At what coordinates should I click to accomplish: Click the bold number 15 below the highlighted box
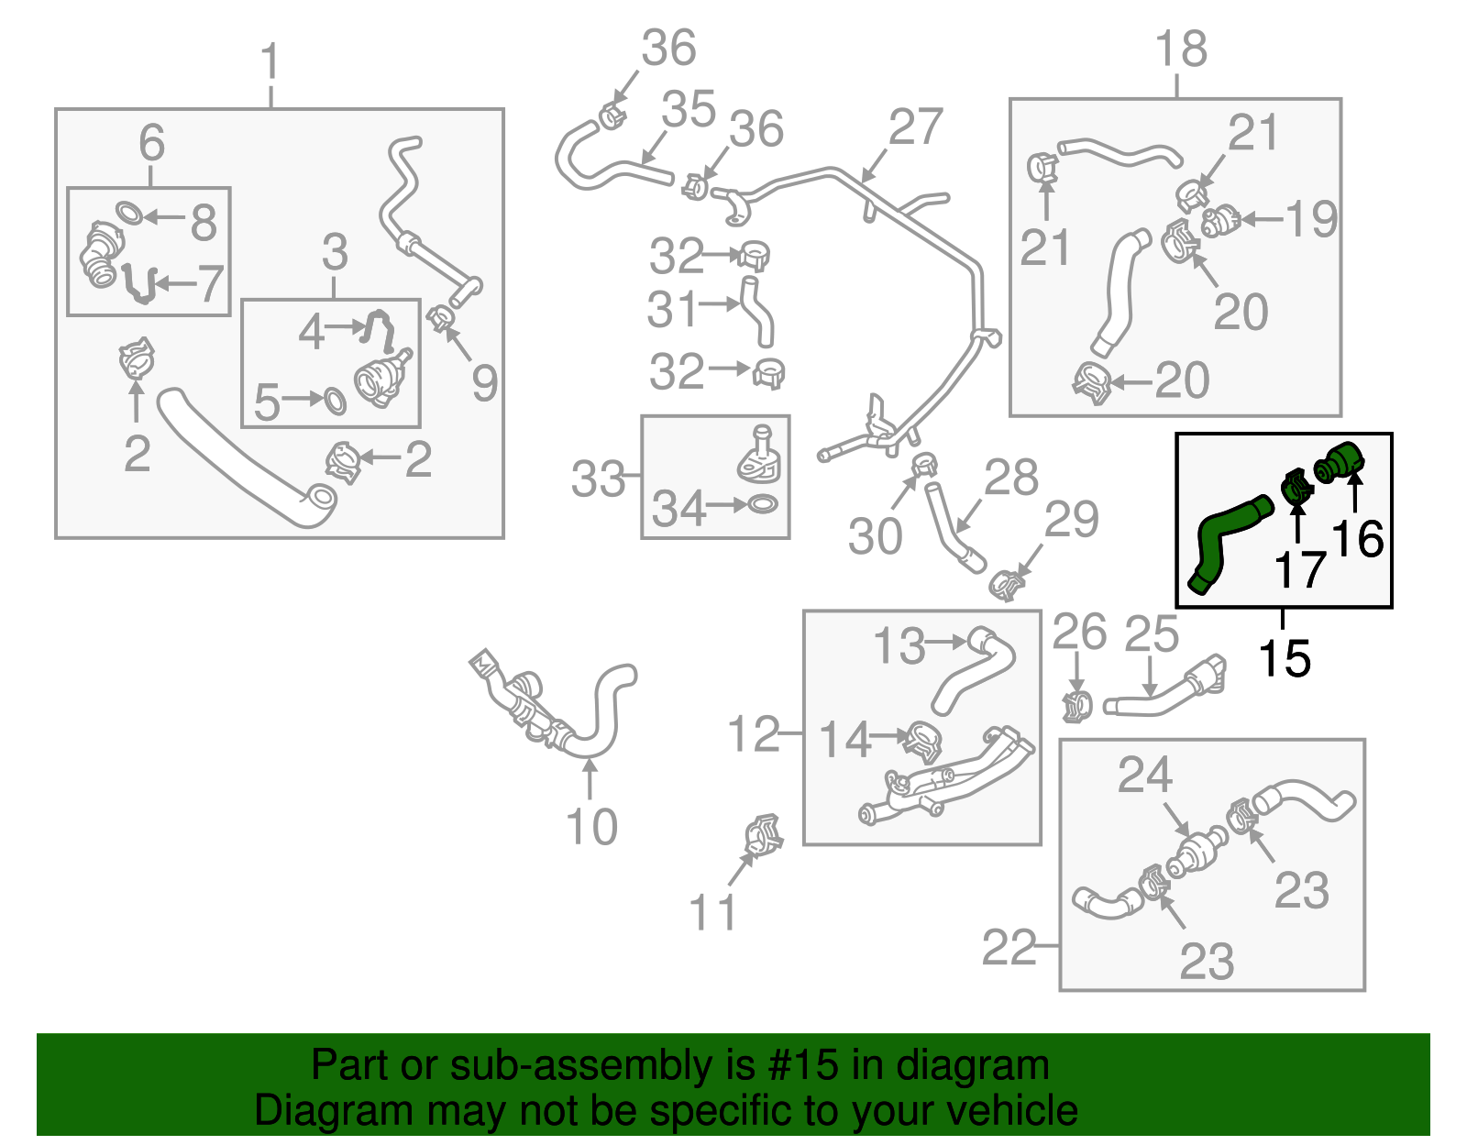pos(1284,657)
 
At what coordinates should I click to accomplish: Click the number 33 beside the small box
pos(598,479)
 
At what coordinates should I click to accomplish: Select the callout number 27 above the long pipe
pos(915,127)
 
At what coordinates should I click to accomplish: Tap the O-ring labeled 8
pos(129,213)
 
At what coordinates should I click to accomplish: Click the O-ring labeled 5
pos(335,401)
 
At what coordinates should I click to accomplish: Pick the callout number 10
pos(591,827)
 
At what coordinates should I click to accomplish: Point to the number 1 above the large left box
pos(270,62)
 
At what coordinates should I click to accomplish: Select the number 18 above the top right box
pos(1180,49)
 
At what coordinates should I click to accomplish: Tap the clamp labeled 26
pos(1077,706)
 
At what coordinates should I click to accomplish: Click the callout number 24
pos(1144,776)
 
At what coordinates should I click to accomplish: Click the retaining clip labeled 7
pos(139,284)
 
